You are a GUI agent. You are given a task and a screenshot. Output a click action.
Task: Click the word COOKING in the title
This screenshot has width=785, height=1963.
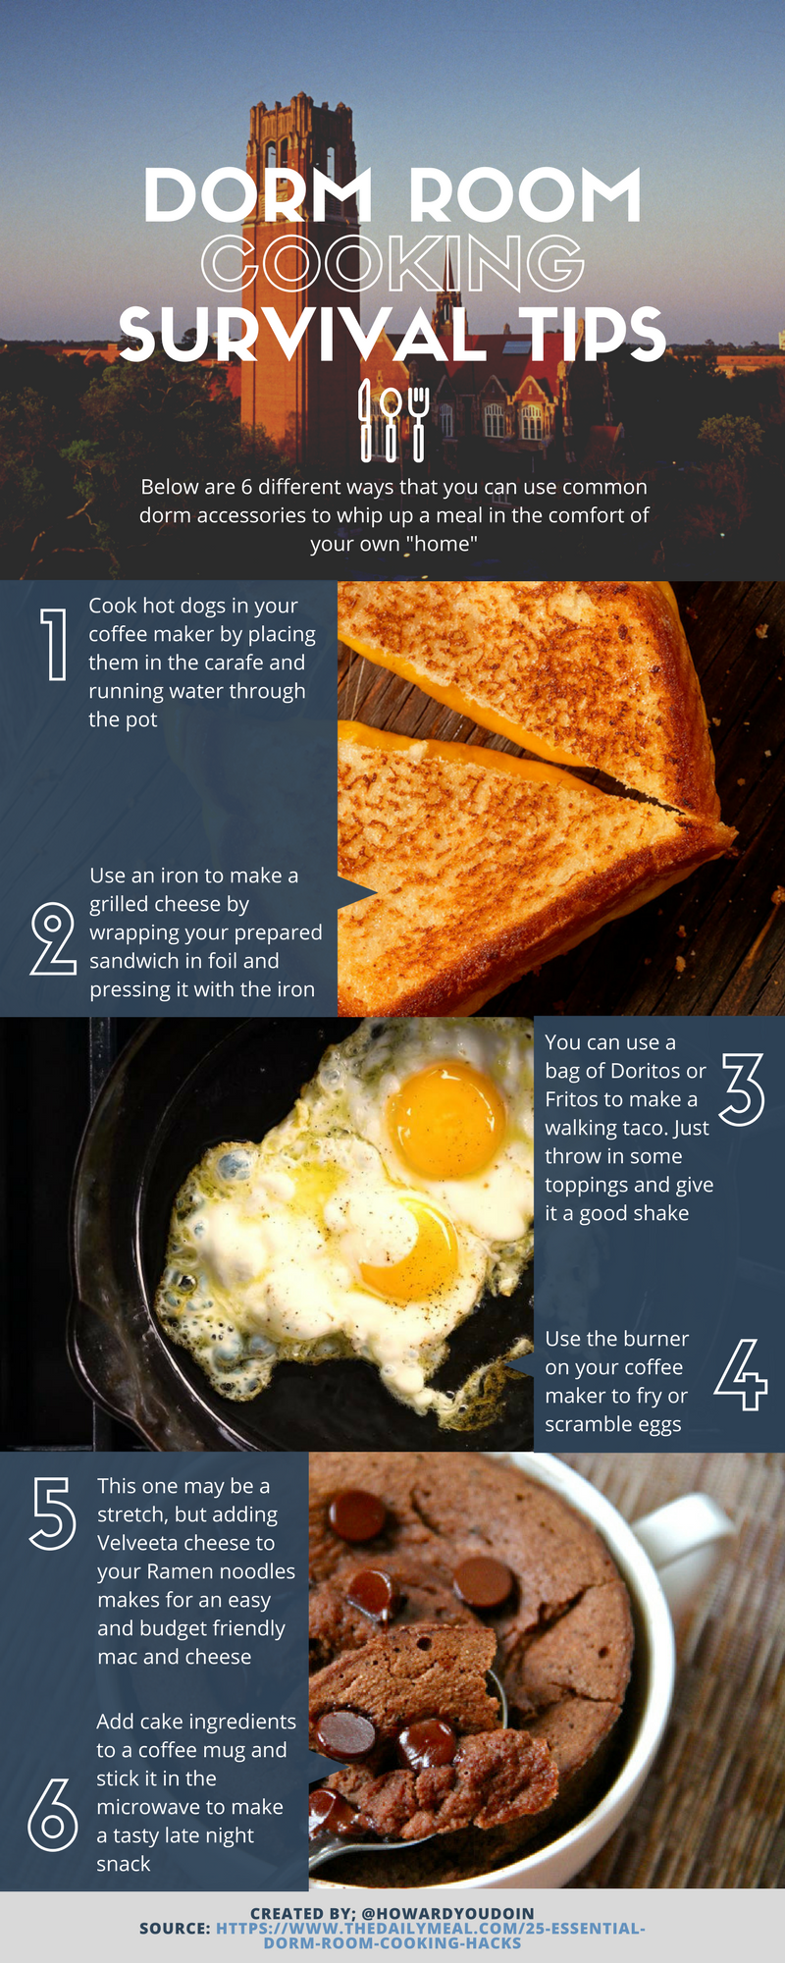(392, 263)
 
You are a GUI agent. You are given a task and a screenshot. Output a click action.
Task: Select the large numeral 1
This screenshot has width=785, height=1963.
(56, 644)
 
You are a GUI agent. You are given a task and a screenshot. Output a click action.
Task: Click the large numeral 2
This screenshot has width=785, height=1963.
(54, 939)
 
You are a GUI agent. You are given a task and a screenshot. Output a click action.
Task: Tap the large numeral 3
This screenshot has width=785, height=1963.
(742, 1089)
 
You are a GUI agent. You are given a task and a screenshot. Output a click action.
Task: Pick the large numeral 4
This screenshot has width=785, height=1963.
(742, 1375)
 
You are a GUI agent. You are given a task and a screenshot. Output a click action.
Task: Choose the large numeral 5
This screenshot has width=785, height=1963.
(53, 1513)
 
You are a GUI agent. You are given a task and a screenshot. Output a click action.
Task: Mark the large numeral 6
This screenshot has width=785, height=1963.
(53, 1815)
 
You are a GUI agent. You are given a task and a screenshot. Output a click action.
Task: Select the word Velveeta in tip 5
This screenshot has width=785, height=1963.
(138, 1543)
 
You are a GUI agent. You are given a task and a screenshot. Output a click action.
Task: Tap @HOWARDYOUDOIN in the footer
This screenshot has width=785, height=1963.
(447, 1913)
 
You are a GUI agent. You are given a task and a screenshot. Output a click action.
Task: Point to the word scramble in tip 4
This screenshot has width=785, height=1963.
(592, 1424)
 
